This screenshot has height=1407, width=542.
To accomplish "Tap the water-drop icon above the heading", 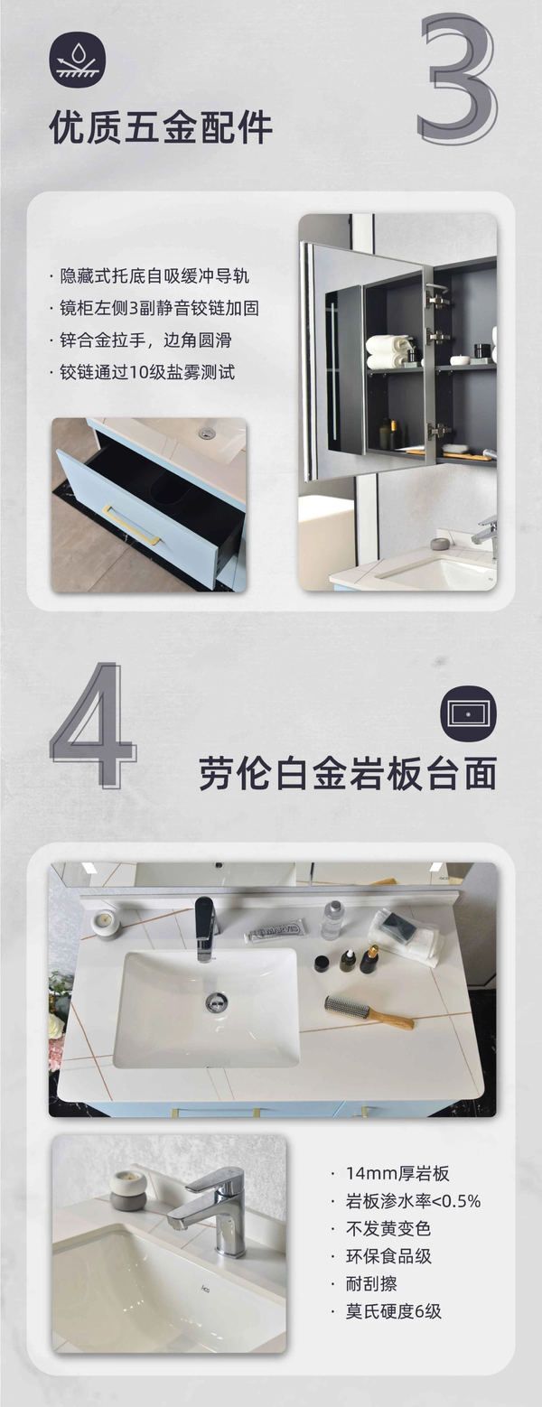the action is point(79,60).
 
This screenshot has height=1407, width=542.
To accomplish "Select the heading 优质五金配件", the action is point(161,127).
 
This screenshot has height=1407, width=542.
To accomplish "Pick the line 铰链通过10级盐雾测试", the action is point(147,372).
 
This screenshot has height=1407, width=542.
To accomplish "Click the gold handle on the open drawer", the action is point(133,525).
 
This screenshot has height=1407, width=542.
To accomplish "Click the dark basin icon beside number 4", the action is point(469,713).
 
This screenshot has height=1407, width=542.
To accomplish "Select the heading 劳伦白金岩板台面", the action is point(348,773).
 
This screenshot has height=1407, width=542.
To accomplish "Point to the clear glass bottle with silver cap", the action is point(332,921).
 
